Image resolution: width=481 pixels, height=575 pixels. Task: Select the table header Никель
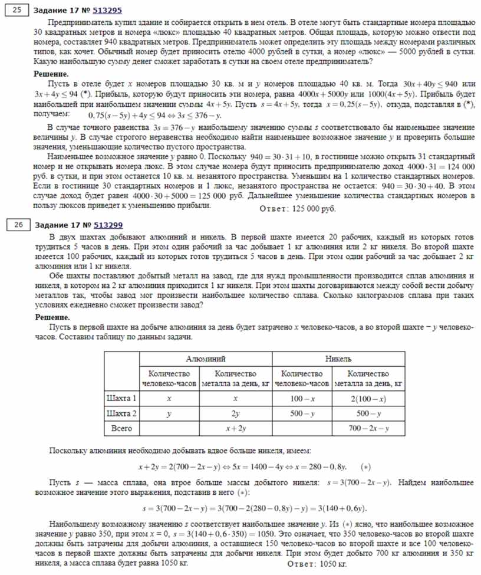coord(338,358)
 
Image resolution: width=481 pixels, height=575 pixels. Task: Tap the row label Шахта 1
coord(121,399)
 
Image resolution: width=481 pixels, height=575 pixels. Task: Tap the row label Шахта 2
coord(121,413)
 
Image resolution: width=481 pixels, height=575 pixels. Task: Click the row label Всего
coord(121,428)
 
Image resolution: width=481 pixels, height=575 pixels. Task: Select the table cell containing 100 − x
coord(302,399)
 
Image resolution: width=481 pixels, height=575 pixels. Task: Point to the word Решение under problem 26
coord(52,317)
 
